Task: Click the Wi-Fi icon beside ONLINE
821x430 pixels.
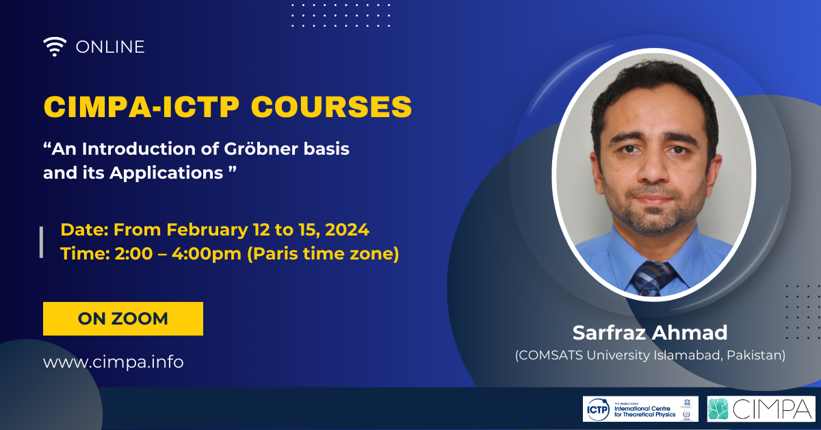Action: (55, 47)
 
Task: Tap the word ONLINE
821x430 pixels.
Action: (110, 47)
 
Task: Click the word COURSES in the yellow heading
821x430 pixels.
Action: (331, 107)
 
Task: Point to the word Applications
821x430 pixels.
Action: (166, 173)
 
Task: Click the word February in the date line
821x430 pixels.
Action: (207, 230)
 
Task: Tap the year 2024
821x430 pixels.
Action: (347, 229)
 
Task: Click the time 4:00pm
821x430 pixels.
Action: (207, 254)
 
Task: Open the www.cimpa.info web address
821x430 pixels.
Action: (114, 362)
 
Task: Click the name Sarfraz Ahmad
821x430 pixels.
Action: (650, 332)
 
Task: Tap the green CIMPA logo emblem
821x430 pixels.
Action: (718, 409)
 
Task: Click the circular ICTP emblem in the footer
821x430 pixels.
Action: (598, 409)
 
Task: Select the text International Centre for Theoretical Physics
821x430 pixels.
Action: (644, 412)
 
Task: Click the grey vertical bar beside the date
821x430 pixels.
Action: (42, 242)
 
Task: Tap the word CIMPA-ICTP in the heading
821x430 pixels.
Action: (141, 107)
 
